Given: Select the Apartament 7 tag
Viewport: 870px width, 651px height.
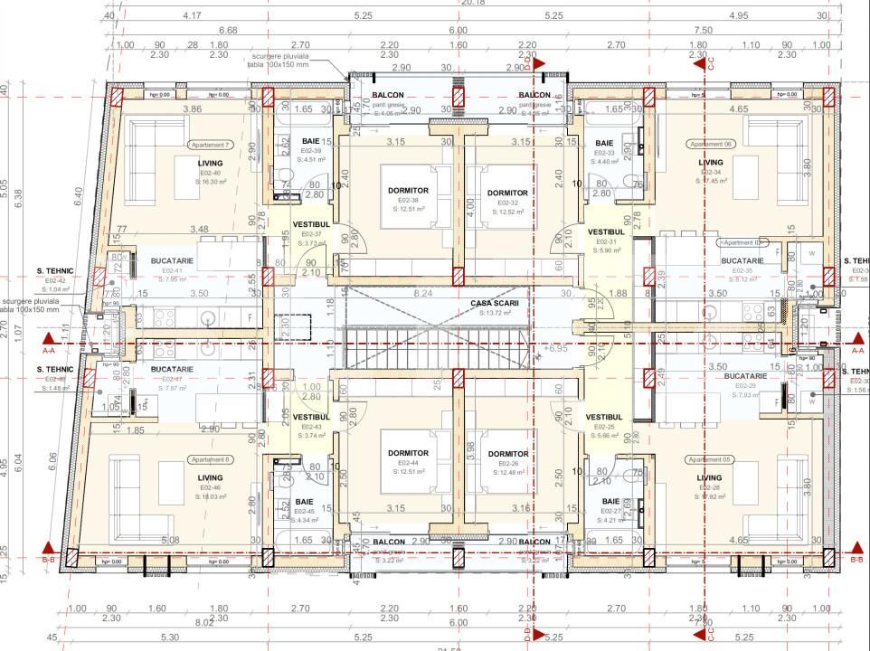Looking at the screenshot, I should [211, 145].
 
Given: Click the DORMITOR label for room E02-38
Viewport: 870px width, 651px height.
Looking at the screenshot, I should [408, 191].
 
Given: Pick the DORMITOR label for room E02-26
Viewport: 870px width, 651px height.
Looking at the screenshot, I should [507, 454].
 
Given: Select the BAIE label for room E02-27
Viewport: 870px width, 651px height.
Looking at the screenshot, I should [611, 501].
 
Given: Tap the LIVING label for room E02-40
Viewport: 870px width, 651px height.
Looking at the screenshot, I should [211, 163].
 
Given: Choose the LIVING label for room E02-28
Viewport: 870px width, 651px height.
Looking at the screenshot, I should [709, 478].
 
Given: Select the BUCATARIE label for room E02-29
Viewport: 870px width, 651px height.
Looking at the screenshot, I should [745, 375].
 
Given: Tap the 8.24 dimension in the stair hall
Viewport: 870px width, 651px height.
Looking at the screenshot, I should [421, 294].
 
